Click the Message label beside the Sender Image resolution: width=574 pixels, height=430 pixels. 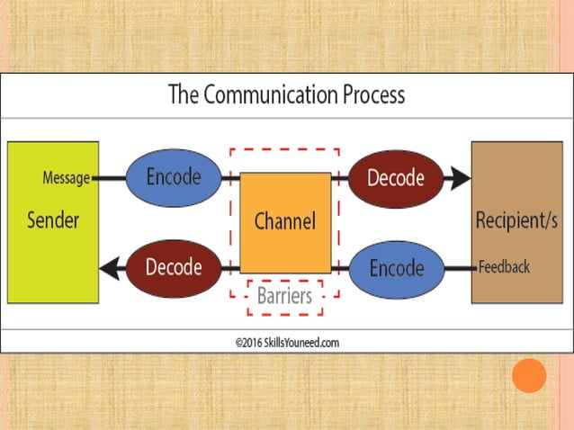67,178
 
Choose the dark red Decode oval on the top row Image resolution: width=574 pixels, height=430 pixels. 396,178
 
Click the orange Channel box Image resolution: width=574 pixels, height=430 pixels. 284,221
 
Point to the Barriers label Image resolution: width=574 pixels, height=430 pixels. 284,295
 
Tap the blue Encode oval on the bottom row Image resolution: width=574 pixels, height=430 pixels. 396,268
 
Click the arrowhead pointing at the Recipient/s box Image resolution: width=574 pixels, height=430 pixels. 460,178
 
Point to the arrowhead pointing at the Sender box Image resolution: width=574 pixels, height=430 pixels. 110,267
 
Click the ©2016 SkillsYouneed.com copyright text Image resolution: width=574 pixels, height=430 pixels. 287,342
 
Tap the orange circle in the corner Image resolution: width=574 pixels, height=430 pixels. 529,375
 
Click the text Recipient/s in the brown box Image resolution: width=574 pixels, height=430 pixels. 516,220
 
